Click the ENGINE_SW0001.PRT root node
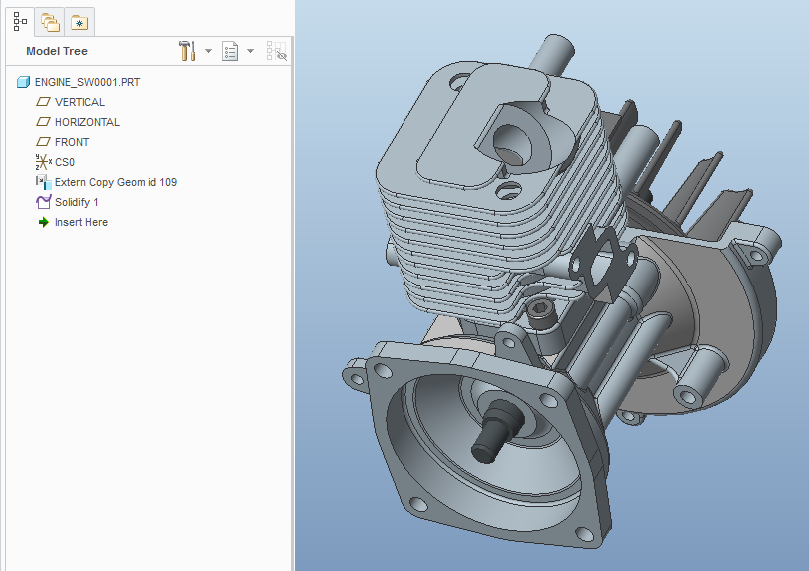[x=87, y=82]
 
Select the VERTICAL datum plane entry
[x=80, y=102]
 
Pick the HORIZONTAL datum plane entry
[x=87, y=122]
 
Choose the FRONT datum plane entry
[x=72, y=142]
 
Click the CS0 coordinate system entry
[x=65, y=162]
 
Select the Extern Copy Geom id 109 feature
[x=116, y=182]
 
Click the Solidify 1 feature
[x=76, y=202]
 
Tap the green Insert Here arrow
[x=43, y=222]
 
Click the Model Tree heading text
[x=57, y=51]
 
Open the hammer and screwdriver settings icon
[x=187, y=51]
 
